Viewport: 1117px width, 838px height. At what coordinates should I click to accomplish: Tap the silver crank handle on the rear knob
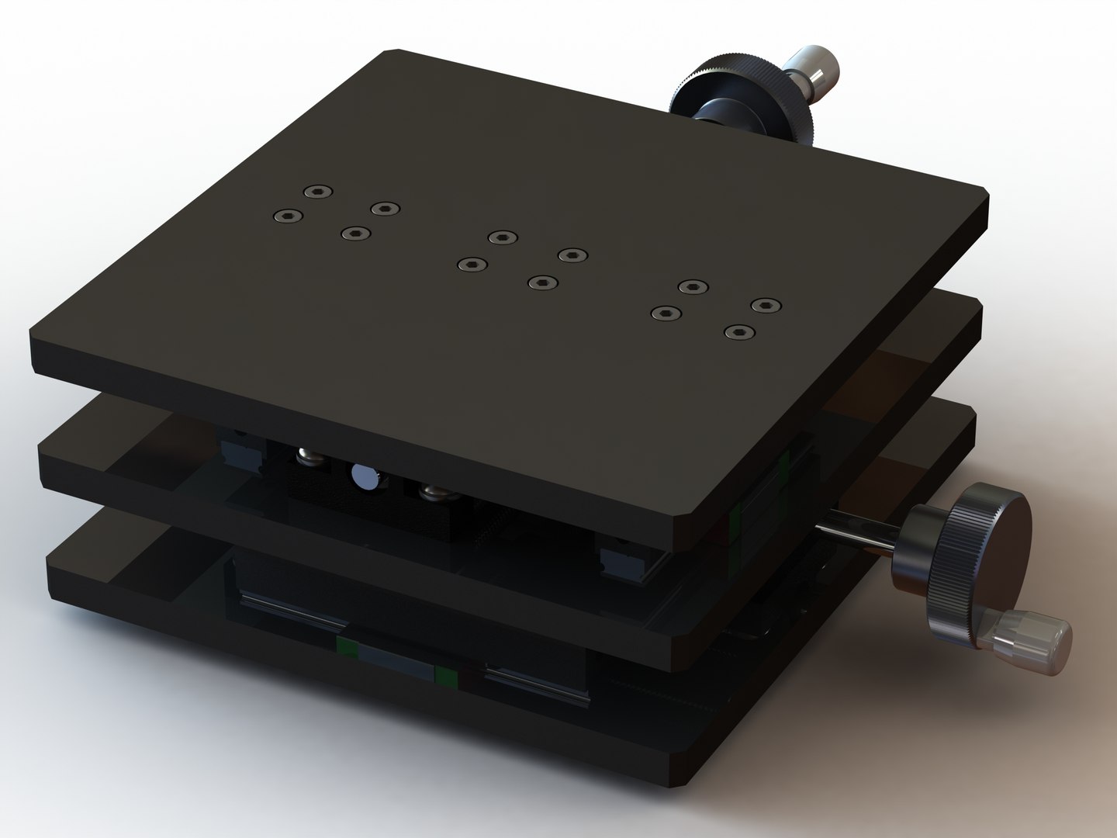click(x=811, y=71)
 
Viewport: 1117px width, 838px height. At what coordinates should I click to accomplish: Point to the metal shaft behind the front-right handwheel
click(x=861, y=536)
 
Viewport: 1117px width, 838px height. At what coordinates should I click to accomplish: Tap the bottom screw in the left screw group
click(x=355, y=233)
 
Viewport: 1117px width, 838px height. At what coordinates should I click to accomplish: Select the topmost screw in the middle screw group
click(x=503, y=237)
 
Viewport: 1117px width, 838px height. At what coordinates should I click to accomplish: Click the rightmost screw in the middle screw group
click(x=572, y=255)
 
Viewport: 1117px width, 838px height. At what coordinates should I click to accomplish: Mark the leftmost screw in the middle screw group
click(x=471, y=265)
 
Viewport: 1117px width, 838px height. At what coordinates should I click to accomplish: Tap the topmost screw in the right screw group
click(x=693, y=286)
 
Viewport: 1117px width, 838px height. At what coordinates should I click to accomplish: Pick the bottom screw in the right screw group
click(x=739, y=332)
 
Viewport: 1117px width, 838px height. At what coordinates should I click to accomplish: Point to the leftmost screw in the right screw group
click(x=665, y=313)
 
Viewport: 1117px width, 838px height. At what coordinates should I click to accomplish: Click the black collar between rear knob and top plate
click(x=710, y=113)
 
